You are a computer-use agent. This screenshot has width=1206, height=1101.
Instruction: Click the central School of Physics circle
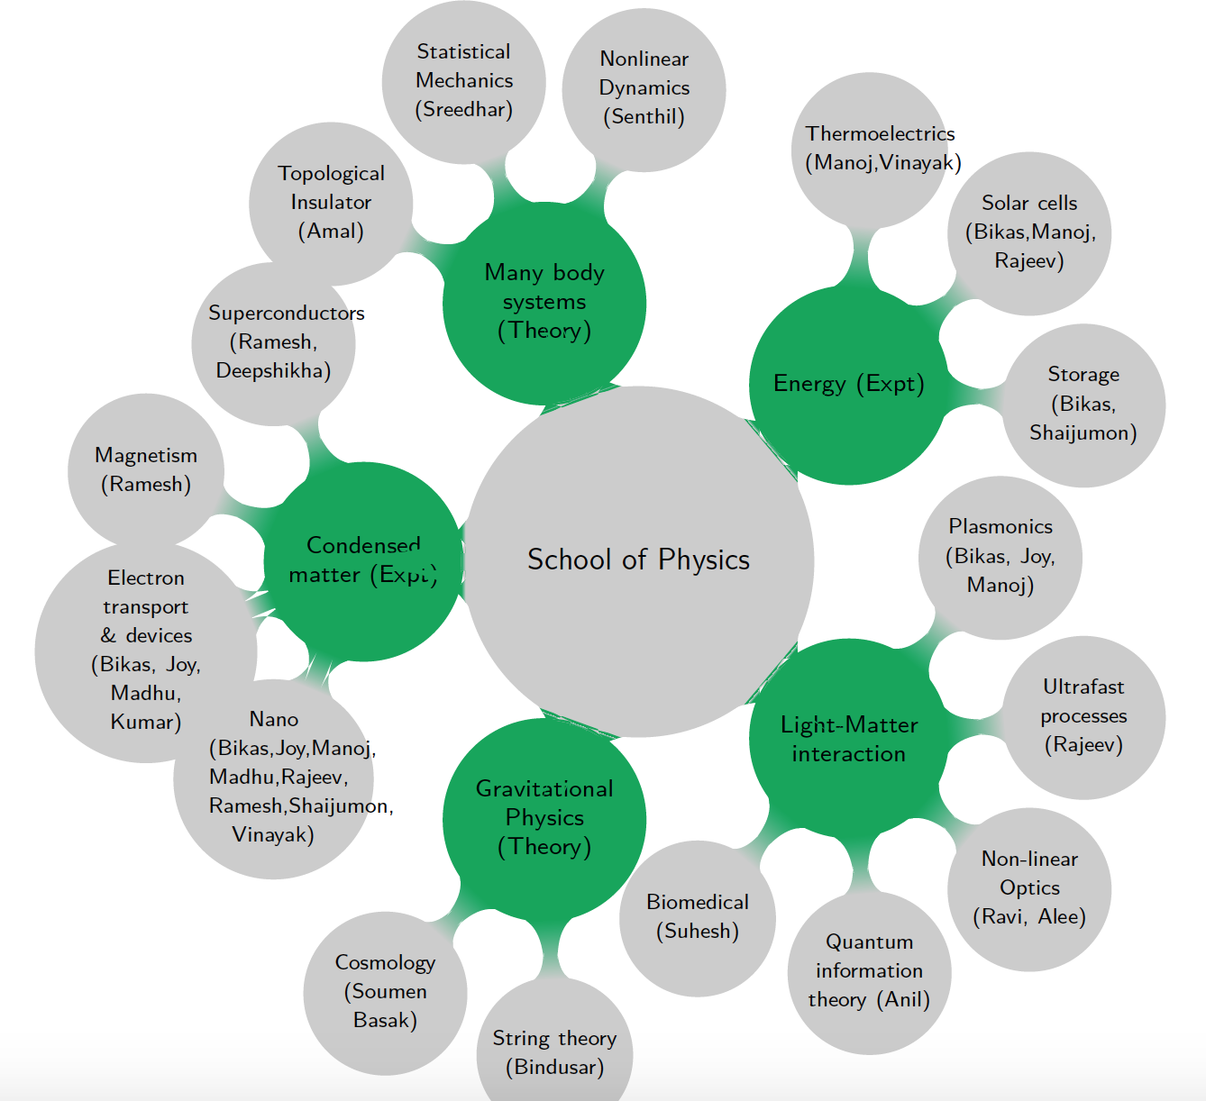pos(639,560)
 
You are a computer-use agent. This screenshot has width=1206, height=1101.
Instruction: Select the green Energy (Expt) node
pos(848,385)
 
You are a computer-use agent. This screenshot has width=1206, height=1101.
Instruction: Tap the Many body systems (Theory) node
pos(544,303)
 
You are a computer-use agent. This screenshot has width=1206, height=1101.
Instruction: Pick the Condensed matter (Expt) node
pos(363,560)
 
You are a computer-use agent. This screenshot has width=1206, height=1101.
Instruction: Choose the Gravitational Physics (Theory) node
pos(544,818)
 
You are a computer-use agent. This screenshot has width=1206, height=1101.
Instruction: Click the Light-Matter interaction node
pos(848,739)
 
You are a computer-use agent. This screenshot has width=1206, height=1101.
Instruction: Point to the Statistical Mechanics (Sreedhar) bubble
pos(464,81)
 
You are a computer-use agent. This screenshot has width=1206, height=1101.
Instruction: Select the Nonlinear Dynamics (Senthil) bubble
pos(644,88)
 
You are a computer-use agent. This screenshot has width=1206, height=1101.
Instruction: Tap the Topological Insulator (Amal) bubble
pos(331,203)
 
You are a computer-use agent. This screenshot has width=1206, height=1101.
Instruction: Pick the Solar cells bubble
pos(1029,232)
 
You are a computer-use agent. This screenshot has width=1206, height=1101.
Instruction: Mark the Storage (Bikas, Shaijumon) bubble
pos(1083,405)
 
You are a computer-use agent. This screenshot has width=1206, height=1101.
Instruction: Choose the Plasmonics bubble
pos(1000,557)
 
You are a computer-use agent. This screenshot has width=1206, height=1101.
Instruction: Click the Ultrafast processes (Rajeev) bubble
pos(1083,716)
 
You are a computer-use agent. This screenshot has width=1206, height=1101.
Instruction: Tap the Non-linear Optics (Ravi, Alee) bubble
pos(1029,888)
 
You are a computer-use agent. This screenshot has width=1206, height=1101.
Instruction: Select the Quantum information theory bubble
pos(869,971)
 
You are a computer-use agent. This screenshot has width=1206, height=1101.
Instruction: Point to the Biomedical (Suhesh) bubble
pos(698,917)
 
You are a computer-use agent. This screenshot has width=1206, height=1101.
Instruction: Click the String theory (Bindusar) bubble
pos(554,1052)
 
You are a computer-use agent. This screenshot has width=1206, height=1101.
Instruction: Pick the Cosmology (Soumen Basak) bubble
pos(386,992)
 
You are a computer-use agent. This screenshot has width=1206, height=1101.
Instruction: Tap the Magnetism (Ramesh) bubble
pos(146,470)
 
